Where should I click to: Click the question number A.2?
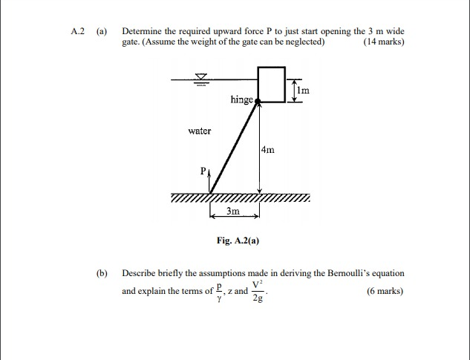78,32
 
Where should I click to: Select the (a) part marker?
102,32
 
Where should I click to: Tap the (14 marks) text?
384,42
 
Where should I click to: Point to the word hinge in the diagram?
242,99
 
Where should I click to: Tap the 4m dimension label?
268,150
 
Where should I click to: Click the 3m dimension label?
233,212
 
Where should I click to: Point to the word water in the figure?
200,131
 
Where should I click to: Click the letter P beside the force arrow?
201,171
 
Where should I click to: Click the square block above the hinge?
271,84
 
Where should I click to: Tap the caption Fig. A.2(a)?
238,240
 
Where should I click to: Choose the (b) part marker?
102,273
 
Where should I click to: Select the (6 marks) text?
385,291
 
